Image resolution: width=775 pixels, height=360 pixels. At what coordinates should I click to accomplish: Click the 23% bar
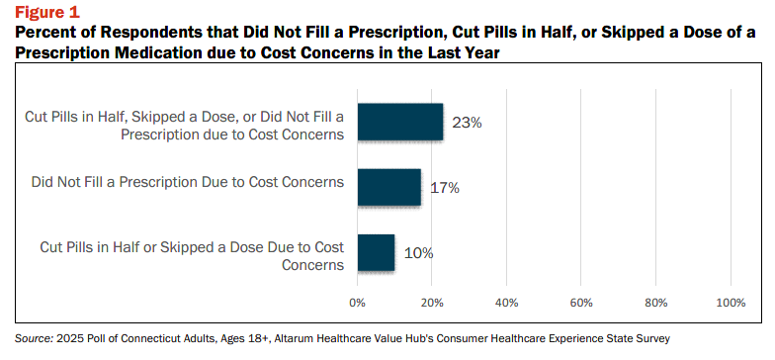(x=399, y=122)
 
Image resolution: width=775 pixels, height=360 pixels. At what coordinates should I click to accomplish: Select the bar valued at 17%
(x=389, y=187)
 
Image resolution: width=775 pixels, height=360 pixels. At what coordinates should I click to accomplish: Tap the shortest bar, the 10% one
(x=376, y=252)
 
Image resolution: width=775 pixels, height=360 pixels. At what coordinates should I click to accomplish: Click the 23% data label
(x=467, y=123)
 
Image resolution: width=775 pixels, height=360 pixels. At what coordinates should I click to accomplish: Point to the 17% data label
(x=445, y=188)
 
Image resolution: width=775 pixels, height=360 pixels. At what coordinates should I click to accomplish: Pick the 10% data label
(x=419, y=253)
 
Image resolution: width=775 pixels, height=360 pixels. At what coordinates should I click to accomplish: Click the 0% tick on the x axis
(x=357, y=303)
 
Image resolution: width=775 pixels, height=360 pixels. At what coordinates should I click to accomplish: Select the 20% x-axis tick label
(x=431, y=303)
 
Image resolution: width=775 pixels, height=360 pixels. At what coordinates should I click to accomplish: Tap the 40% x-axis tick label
(x=506, y=303)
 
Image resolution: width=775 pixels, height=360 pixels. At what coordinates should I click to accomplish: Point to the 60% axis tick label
(x=581, y=303)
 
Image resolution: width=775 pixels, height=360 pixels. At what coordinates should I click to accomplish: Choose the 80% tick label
(x=655, y=303)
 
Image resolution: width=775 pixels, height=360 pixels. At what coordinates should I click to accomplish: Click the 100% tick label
(x=730, y=303)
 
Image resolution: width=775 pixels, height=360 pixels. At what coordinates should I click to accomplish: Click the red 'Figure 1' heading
(x=47, y=11)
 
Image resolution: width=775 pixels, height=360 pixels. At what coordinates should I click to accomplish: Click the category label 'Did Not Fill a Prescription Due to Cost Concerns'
(x=188, y=182)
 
